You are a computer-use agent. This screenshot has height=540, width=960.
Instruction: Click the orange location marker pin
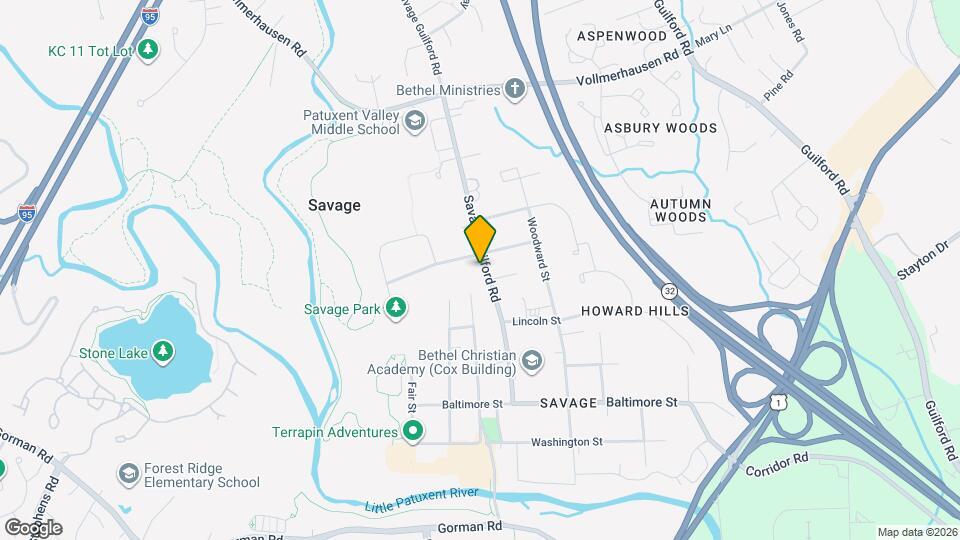480,238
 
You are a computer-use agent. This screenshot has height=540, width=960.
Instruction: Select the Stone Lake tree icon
162,351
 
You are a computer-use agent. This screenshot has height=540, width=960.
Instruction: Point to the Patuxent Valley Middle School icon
413,122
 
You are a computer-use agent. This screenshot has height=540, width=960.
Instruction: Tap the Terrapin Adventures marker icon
412,432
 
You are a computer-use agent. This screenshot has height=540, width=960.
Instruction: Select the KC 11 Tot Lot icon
148,49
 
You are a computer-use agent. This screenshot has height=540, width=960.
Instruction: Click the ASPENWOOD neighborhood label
622,36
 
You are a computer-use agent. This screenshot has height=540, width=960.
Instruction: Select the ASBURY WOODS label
660,128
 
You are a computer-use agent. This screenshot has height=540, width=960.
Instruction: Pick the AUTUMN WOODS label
680,210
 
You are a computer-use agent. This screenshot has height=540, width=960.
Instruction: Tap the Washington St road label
567,441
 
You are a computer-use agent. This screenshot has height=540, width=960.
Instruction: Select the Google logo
33,527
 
